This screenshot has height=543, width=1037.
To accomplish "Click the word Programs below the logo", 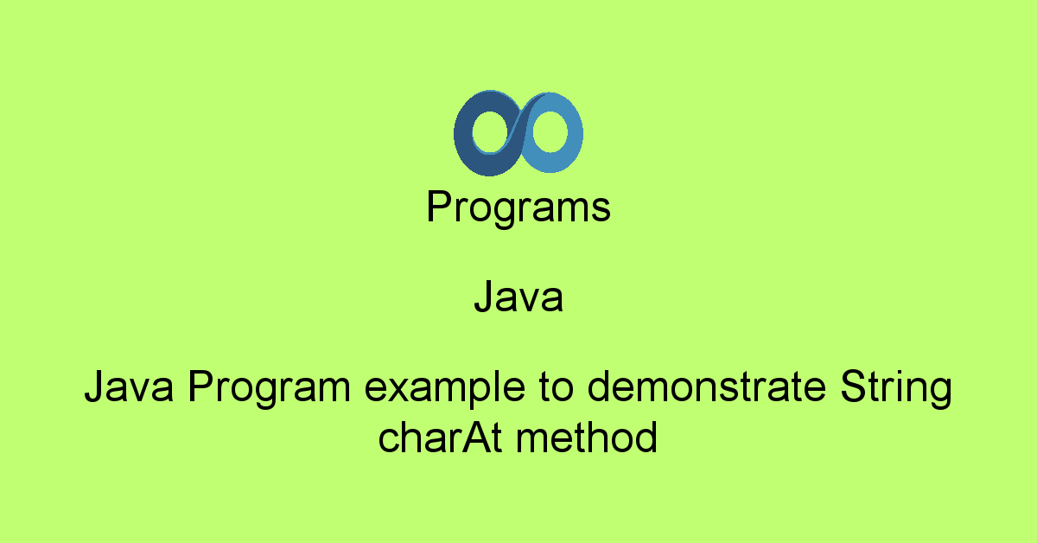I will (518, 209).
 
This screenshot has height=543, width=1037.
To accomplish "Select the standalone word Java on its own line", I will (518, 298).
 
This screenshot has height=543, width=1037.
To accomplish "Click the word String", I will (895, 390).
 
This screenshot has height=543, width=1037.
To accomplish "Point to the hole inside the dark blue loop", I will (491, 131).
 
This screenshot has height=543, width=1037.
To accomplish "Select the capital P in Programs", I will (438, 208).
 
